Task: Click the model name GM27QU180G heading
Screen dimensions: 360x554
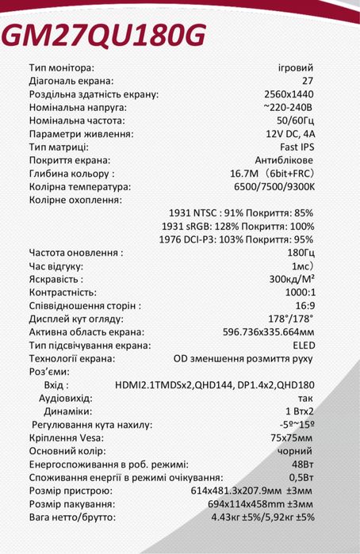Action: pos(105,34)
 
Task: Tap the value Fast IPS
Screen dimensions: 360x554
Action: pos(297,147)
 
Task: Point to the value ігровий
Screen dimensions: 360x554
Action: pos(297,67)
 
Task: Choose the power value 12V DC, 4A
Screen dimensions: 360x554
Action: pos(289,134)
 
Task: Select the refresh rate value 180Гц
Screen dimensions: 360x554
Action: pos(300,253)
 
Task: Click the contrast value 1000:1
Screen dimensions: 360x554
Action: pos(297,292)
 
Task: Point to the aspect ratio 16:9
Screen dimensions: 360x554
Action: pos(304,306)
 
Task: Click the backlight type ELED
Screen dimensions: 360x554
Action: pos(302,346)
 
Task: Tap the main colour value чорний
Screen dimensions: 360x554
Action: pos(297,452)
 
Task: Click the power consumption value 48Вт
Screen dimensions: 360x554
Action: pos(302,464)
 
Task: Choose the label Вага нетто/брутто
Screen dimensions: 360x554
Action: pos(72,518)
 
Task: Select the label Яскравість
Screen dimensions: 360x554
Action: pos(55,280)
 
